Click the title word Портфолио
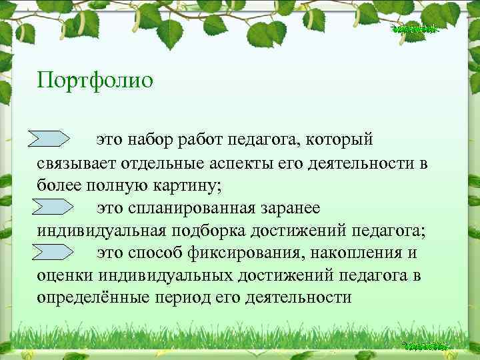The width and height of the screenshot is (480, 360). click(x=95, y=81)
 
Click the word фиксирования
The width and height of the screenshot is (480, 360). click(x=257, y=253)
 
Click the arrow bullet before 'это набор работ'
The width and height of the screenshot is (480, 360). click(x=52, y=139)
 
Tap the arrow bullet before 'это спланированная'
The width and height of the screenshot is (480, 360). click(x=52, y=207)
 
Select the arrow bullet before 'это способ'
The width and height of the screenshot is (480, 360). click(x=52, y=252)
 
